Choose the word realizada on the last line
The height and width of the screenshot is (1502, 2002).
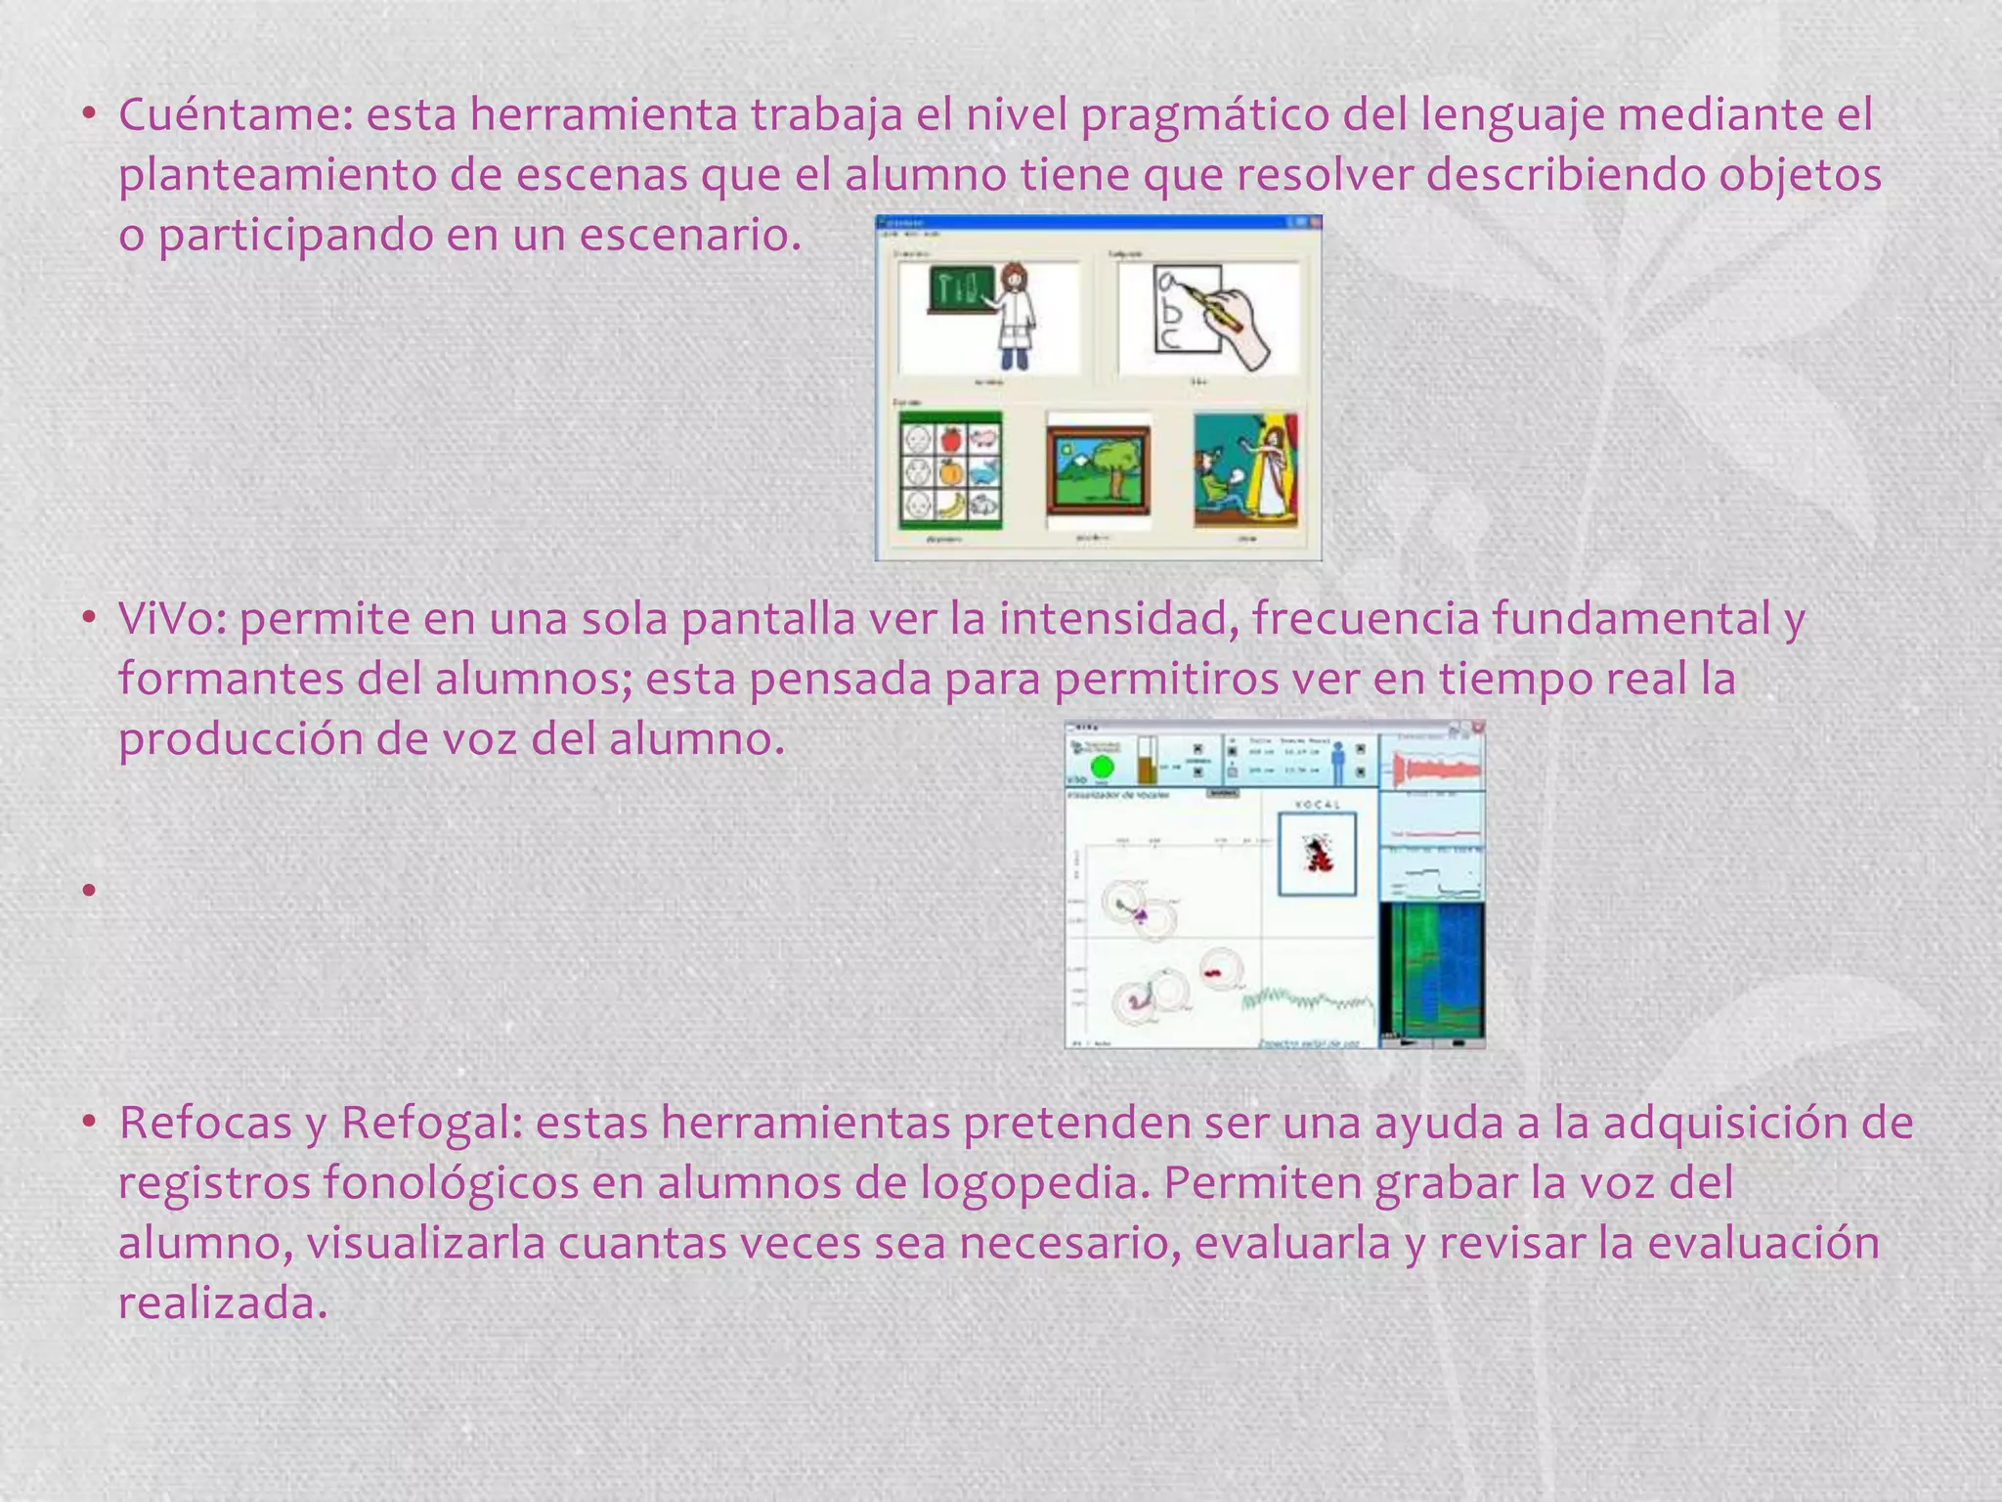click(222, 1303)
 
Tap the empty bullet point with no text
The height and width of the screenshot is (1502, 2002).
click(88, 890)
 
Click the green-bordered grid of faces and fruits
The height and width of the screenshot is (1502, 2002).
click(951, 470)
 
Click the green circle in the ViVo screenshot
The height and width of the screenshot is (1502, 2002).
click(1102, 768)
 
